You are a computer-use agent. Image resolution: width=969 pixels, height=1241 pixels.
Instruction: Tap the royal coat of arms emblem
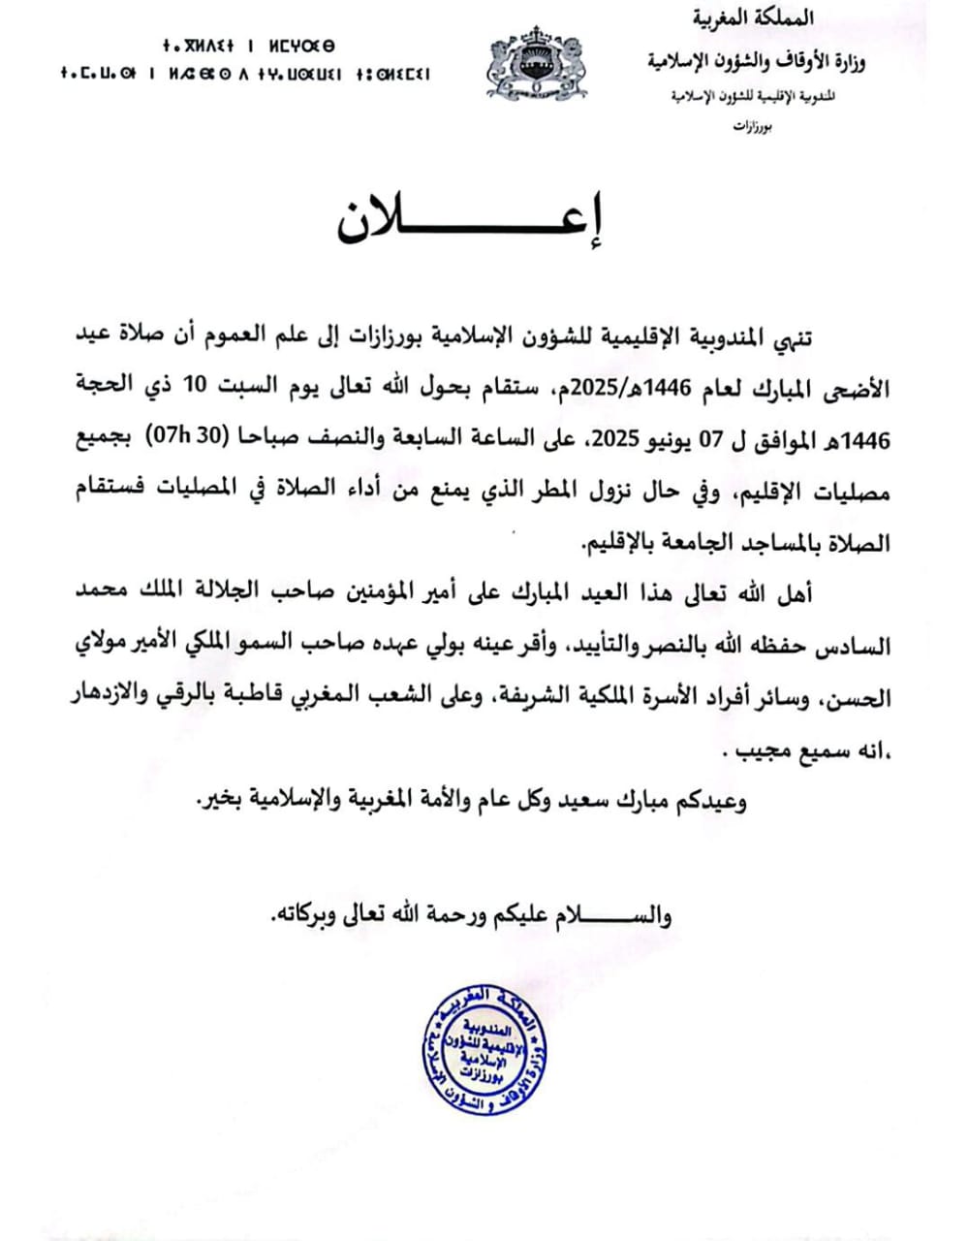(x=536, y=64)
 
